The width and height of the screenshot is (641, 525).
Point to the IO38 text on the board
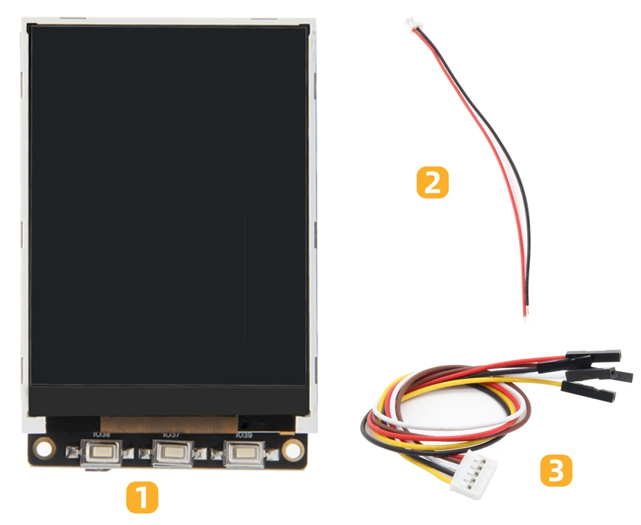[101, 435]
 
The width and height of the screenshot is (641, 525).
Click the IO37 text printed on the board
[171, 435]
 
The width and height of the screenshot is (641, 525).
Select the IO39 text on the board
[244, 435]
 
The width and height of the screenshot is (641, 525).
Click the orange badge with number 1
[142, 497]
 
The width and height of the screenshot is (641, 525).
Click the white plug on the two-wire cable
[410, 25]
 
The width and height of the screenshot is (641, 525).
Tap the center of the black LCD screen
[168, 205]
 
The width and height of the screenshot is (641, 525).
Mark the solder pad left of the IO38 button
[73, 454]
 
